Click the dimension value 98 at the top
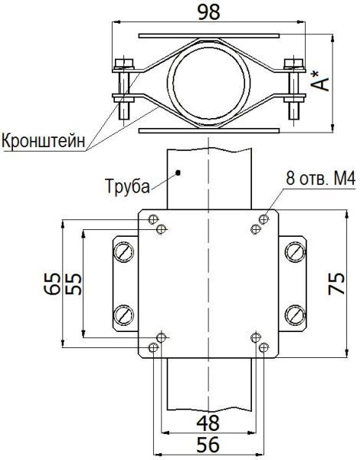click(x=209, y=12)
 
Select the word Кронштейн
click(x=44, y=141)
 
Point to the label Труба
click(x=127, y=186)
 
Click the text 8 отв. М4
click(x=321, y=178)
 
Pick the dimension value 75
click(x=336, y=284)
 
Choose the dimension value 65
click(x=52, y=284)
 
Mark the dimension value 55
click(x=73, y=284)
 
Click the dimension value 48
click(x=208, y=423)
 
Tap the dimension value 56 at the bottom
click(x=208, y=445)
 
